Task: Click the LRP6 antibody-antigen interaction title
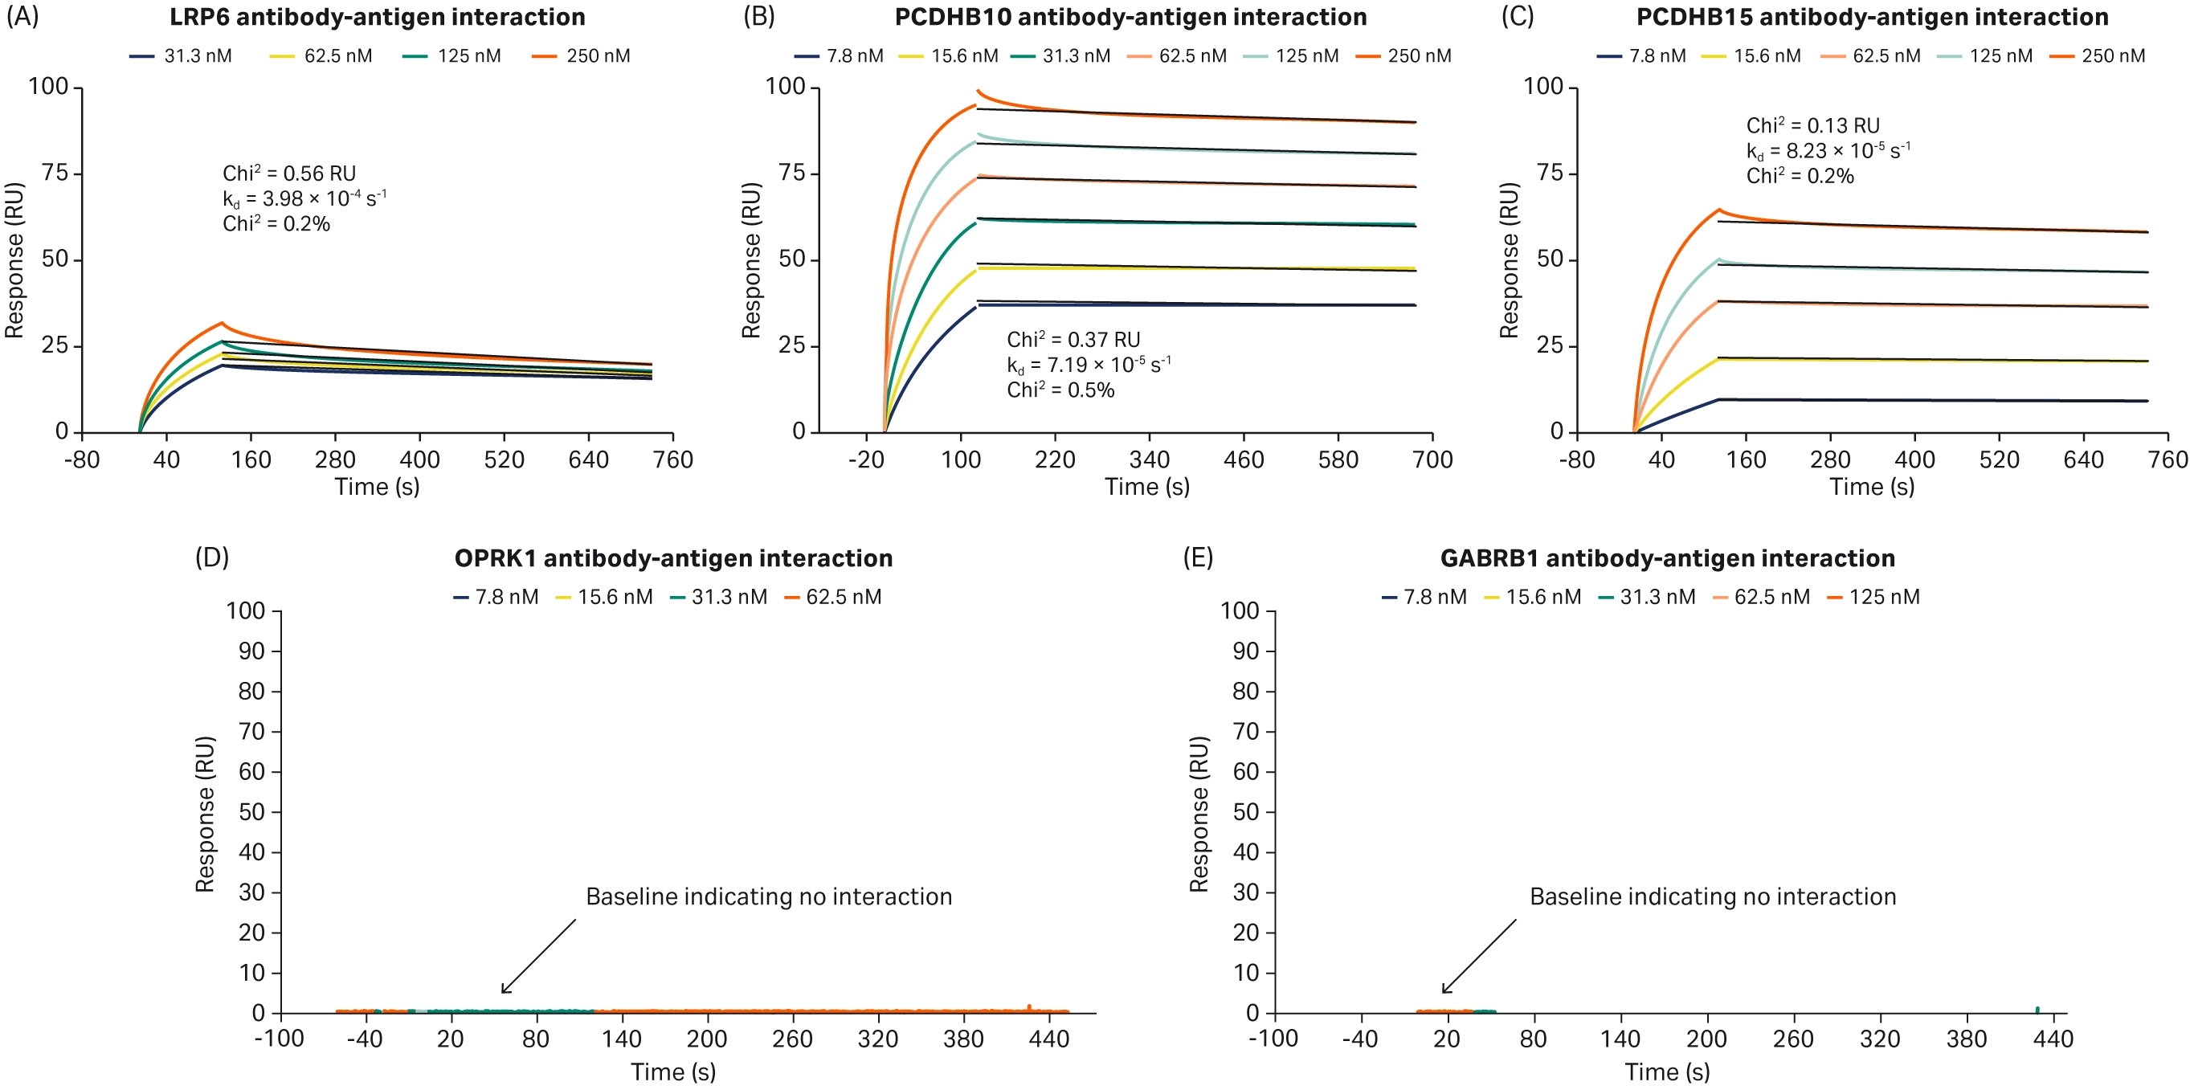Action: [377, 17]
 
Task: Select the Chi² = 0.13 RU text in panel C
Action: [1812, 126]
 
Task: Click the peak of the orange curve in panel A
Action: [222, 323]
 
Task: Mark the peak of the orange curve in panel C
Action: [1719, 209]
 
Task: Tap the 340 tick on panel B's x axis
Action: [1150, 459]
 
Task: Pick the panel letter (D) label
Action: [211, 557]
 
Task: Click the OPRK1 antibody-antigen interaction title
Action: [672, 558]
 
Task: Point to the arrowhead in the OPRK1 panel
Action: [503, 991]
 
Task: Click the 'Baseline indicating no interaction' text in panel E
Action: [1712, 896]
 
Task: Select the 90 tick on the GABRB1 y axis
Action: [1245, 651]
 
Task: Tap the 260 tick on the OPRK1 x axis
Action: [791, 1039]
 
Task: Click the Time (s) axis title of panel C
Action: [1871, 487]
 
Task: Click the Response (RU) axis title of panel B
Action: [750, 259]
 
